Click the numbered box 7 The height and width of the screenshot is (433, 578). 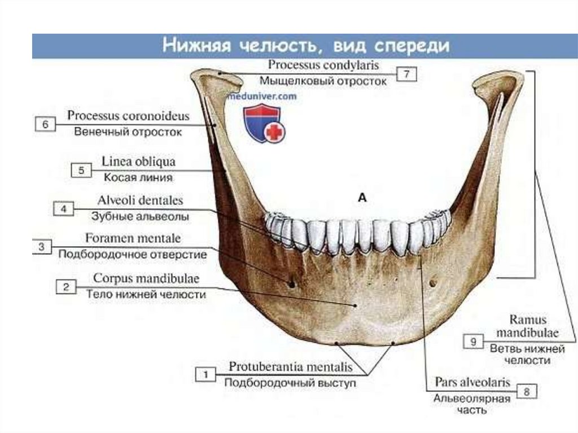(x=406, y=75)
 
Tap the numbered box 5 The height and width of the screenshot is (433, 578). (x=81, y=169)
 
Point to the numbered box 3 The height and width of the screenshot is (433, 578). (x=42, y=247)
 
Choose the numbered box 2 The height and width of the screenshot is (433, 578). (x=66, y=287)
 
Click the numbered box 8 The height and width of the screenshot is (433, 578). (x=526, y=390)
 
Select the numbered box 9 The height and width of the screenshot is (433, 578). (x=473, y=341)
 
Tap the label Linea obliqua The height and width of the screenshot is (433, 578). (x=138, y=161)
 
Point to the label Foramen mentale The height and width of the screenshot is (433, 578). (x=133, y=238)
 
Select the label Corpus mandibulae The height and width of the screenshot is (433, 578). (x=146, y=278)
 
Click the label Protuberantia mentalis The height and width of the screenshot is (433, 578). (x=291, y=367)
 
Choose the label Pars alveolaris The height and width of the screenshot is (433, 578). (x=472, y=382)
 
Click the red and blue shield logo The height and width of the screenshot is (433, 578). (x=263, y=122)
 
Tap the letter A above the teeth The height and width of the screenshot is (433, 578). (x=362, y=197)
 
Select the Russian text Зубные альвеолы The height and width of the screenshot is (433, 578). (x=140, y=216)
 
